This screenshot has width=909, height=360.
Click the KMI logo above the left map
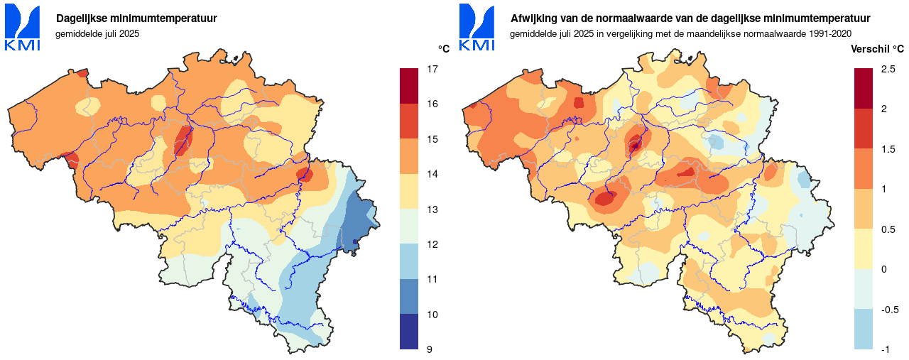[x=23, y=28]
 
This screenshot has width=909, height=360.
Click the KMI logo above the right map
[x=477, y=28]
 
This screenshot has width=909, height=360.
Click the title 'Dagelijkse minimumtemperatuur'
[x=136, y=18]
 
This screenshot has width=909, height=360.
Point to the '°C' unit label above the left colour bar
[x=444, y=49]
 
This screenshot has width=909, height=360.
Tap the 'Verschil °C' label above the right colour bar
[x=878, y=49]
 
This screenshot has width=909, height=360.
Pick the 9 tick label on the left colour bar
[x=430, y=349]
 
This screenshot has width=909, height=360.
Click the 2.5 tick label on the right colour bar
[x=888, y=70]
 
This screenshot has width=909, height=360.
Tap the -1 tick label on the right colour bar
[x=886, y=349]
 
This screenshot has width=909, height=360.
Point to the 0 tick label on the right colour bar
[x=883, y=269]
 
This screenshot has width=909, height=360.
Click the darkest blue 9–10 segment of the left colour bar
[x=409, y=332]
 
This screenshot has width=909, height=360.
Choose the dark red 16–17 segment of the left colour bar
[x=409, y=86]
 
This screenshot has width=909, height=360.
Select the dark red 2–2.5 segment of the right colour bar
[x=864, y=88]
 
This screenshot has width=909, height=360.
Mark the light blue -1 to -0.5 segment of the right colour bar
[x=864, y=329]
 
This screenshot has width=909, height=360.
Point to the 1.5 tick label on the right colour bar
[x=888, y=149]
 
